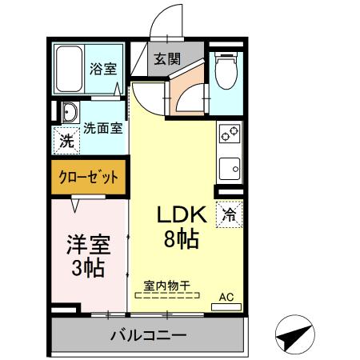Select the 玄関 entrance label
pos(166,58)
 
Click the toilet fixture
pos(226,73)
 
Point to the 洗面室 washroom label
pos(103,126)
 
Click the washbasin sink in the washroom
pos(68,112)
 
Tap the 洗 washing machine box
pos(65,142)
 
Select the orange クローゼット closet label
pos(90,177)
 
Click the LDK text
pos(182,214)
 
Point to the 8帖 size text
pos(182,238)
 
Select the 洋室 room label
pos(87,242)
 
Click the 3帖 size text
pos(87,267)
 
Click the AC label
pos(226,297)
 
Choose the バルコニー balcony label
pos(148,334)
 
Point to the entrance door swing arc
pos(172,20)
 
